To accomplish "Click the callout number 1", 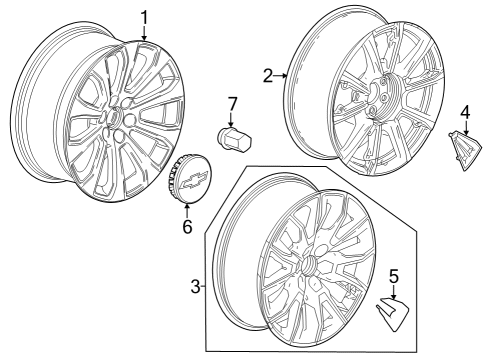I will click(143, 16).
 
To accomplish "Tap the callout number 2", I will click(268, 73).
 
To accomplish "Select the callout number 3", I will click(196, 288).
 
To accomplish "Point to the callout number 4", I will click(464, 110).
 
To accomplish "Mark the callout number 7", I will click(231, 103).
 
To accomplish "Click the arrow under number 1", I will click(144, 34).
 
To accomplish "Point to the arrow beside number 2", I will click(283, 74).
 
